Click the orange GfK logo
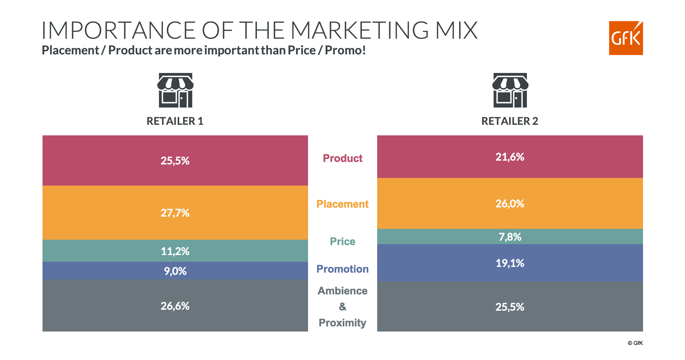click(625, 38)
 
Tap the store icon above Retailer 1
click(175, 90)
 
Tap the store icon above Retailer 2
click(510, 90)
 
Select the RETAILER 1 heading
click(175, 121)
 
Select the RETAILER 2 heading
click(510, 121)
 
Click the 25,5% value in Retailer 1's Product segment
click(175, 161)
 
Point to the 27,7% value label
click(175, 213)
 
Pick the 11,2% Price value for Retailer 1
click(175, 251)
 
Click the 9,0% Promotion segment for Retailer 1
click(175, 271)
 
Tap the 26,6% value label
click(175, 306)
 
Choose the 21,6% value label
click(510, 157)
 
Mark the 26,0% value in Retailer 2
click(510, 204)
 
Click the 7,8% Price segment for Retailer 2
click(510, 237)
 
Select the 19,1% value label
click(510, 263)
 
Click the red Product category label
click(342, 158)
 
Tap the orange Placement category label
click(342, 204)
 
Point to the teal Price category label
click(342, 241)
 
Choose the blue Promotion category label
click(342, 269)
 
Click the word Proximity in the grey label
click(342, 323)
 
